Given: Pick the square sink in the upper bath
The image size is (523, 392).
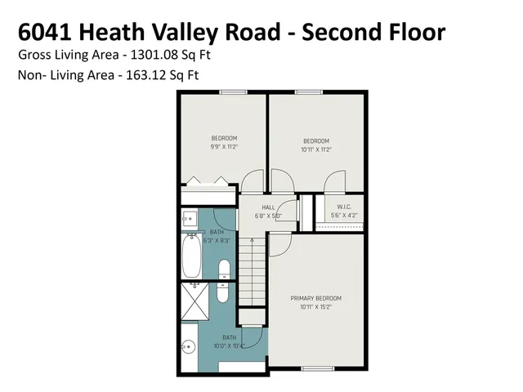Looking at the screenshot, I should coord(189,218).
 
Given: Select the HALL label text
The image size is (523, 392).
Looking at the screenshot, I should coord(268,207).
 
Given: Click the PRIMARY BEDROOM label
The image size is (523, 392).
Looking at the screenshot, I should coord(316,298).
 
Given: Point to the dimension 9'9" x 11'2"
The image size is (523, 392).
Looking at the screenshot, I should coord(224,147).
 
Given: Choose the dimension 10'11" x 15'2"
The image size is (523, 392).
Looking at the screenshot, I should coord(316,307).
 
